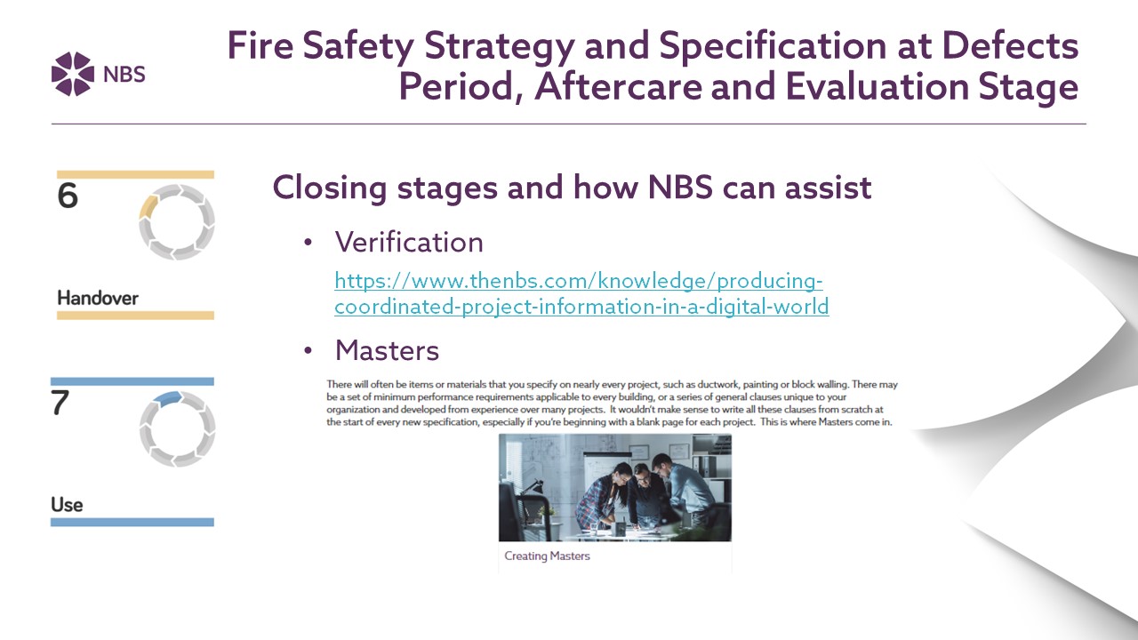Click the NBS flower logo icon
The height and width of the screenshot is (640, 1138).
(x=73, y=74)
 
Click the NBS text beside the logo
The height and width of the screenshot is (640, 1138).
(x=124, y=75)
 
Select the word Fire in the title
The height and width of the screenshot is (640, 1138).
(x=260, y=45)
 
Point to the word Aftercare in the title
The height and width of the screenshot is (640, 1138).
(x=618, y=86)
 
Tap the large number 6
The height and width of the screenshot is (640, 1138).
(x=68, y=196)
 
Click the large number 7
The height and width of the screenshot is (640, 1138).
(x=60, y=403)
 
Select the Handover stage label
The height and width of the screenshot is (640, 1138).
(x=98, y=298)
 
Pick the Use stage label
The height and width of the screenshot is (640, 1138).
(x=67, y=504)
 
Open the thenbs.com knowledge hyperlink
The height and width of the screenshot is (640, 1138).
(x=581, y=293)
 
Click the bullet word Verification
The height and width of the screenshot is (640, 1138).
(x=409, y=242)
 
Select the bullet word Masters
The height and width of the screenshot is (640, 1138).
(x=387, y=350)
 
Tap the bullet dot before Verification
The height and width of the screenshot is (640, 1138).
(x=308, y=243)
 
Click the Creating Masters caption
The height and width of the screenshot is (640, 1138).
(x=547, y=556)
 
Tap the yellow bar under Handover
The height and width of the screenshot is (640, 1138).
(x=136, y=316)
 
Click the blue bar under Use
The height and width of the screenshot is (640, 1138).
(x=132, y=522)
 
